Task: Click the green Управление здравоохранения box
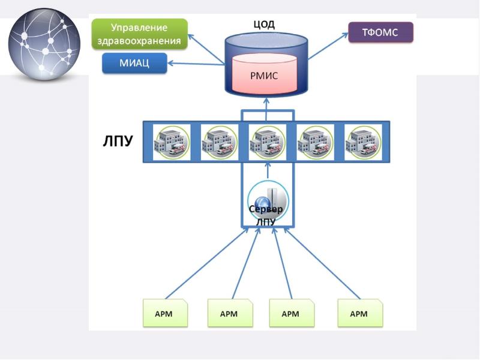point(139,34)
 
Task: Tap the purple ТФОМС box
point(381,32)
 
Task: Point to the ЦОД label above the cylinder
point(264,25)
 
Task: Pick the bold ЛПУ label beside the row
point(116,143)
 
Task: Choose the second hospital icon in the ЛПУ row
point(218,142)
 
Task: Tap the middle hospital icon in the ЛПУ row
point(266,142)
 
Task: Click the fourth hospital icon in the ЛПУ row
point(314,142)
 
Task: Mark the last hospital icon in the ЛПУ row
point(362,142)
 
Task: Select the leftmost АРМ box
point(166,313)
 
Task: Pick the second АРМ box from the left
point(229,313)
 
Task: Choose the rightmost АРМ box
point(359,313)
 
